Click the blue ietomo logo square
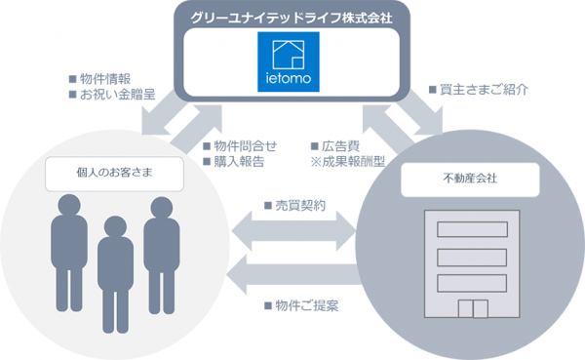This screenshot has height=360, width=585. click(x=288, y=63)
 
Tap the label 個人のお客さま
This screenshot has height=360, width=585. click(x=115, y=175)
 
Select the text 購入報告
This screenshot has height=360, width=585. click(x=234, y=162)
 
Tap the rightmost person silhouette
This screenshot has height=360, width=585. click(x=161, y=252)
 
